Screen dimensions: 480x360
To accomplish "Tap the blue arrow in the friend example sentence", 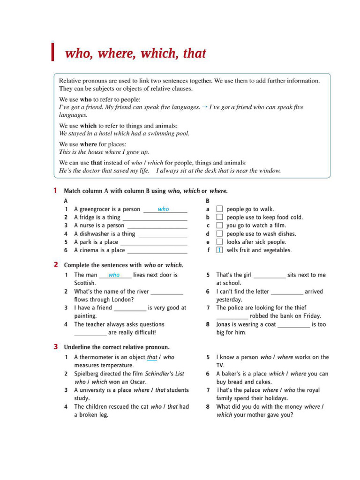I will [x=205, y=107].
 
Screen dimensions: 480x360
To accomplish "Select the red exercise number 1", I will [x=55, y=191].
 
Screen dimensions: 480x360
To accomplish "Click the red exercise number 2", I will [x=55, y=265].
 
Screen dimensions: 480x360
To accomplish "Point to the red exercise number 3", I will [x=55, y=347].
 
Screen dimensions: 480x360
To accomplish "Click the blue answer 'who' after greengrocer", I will [x=163, y=209].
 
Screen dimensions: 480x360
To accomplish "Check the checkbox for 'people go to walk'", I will [x=219, y=209].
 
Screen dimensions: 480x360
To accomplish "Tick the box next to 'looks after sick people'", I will [x=219, y=242].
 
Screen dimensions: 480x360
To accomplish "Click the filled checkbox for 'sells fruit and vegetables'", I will [x=219, y=250].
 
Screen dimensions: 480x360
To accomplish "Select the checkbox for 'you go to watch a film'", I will [x=219, y=225].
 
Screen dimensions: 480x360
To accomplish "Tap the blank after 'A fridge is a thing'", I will [x=155, y=218].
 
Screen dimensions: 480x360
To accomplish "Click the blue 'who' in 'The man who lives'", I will [x=114, y=275].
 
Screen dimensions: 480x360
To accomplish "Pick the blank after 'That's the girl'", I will [x=269, y=276].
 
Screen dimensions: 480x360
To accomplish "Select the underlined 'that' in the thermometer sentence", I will [x=152, y=357].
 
